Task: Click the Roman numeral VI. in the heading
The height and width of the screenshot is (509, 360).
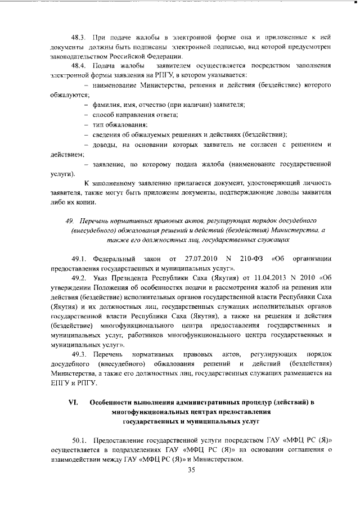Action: tap(72, 403)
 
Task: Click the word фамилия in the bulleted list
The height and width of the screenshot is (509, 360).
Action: tap(109, 105)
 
